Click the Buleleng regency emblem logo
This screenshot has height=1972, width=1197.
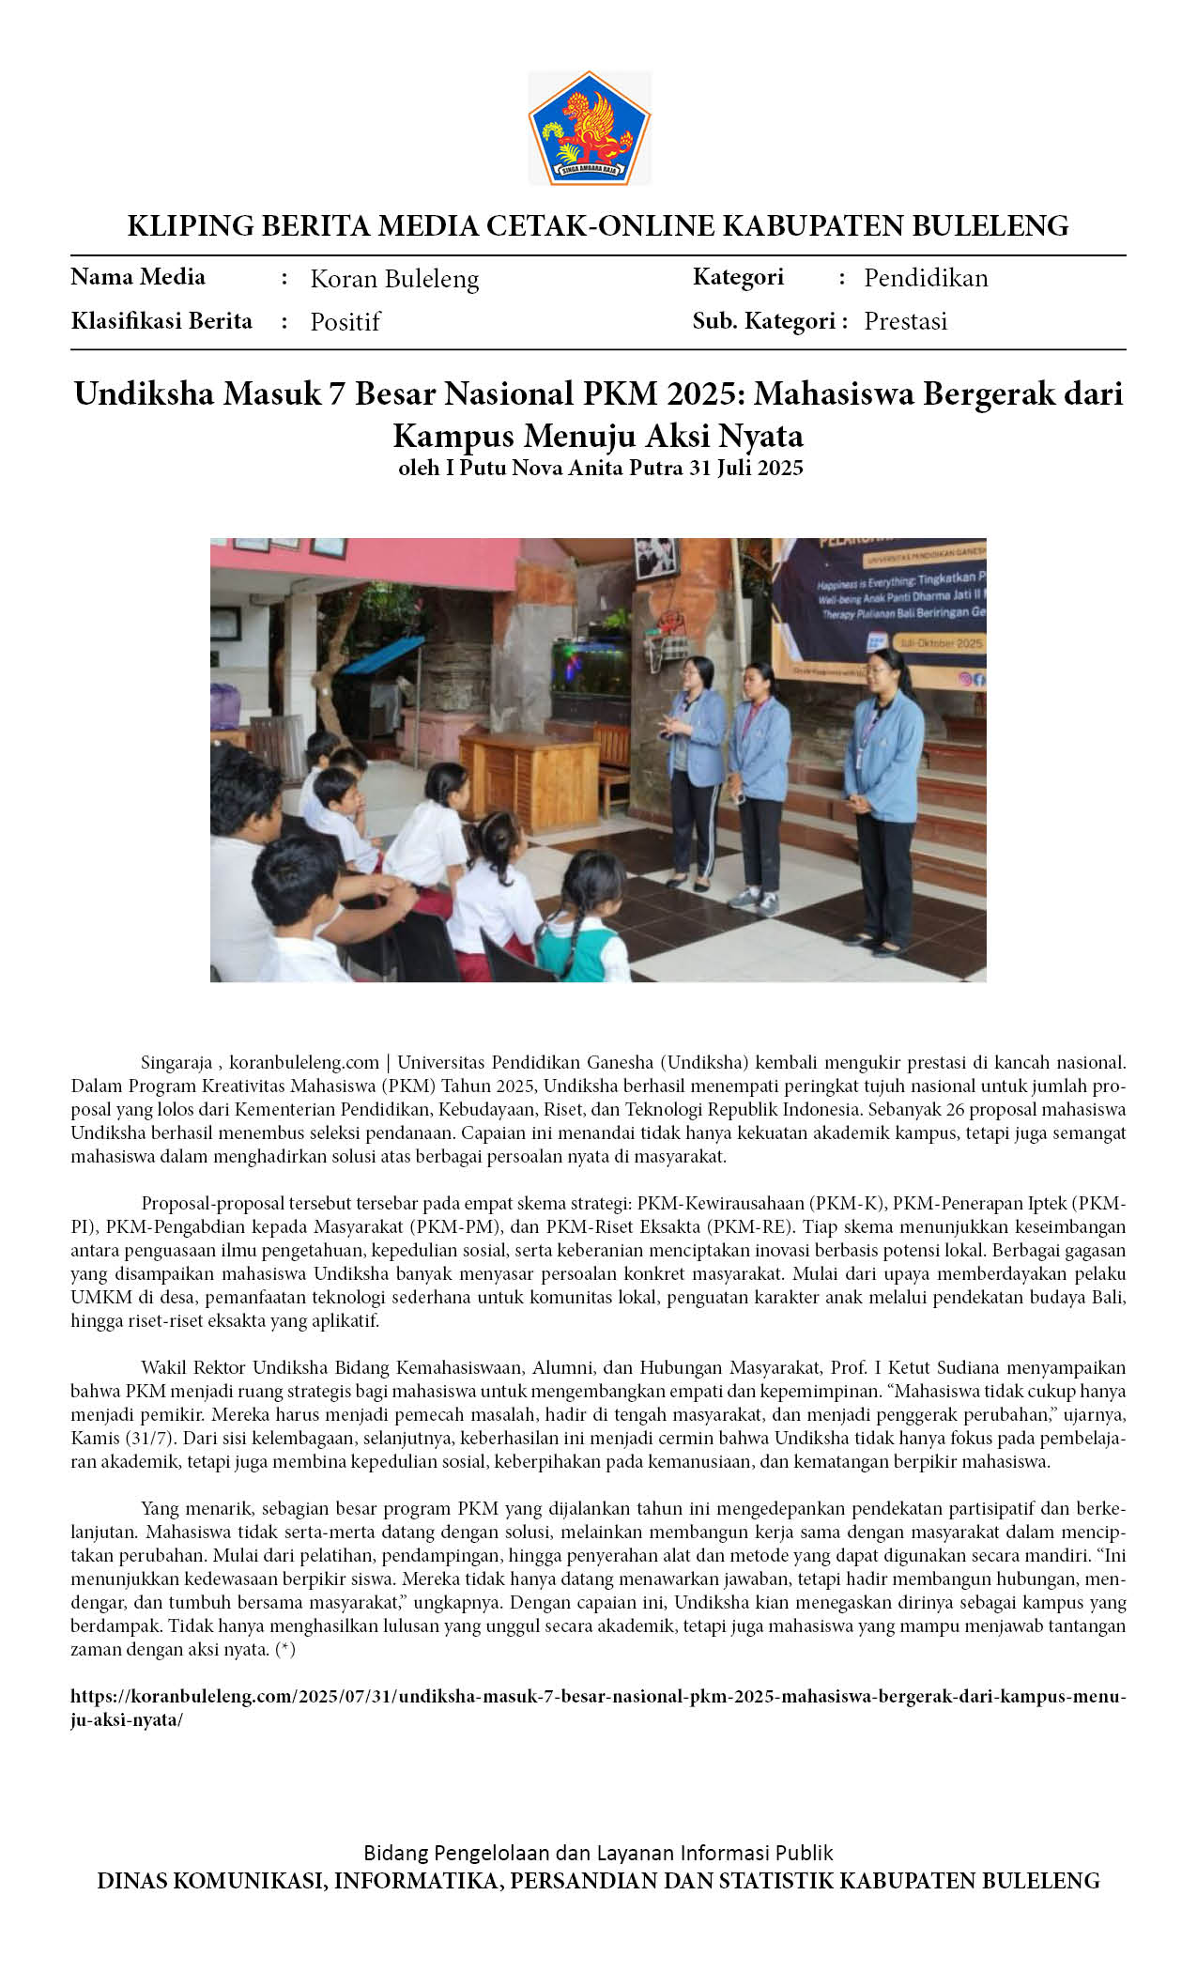pyautogui.click(x=589, y=128)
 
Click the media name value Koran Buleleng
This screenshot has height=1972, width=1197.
pyautogui.click(x=394, y=279)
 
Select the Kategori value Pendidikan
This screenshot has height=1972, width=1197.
pyautogui.click(x=926, y=278)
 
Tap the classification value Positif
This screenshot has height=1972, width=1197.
pyautogui.click(x=345, y=322)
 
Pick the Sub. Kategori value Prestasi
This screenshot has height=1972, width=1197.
pyautogui.click(x=905, y=321)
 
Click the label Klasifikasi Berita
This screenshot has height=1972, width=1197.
pyautogui.click(x=161, y=321)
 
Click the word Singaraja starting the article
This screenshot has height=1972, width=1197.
pyautogui.click(x=176, y=1063)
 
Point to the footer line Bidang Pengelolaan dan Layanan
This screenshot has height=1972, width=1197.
pyautogui.click(x=598, y=1853)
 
